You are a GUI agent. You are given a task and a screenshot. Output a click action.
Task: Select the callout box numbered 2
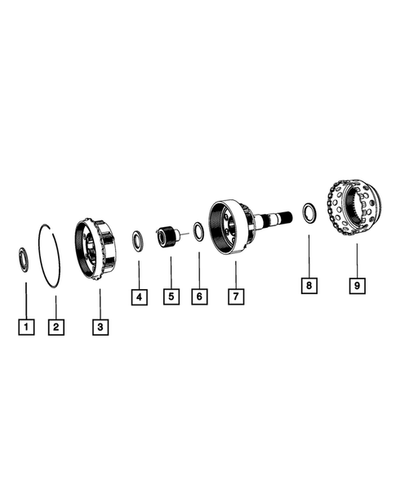(x=55, y=327)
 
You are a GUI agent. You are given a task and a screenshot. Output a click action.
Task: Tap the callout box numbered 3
(x=100, y=327)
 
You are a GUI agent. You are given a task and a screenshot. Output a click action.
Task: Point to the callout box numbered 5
(x=171, y=296)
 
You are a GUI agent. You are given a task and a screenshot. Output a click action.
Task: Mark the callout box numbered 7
(x=234, y=296)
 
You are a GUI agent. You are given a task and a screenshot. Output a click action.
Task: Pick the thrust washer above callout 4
(x=139, y=241)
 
